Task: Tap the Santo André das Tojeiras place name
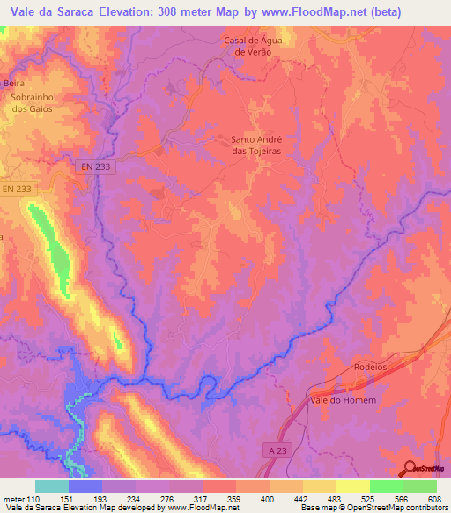coord(260,144)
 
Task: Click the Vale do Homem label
coord(344,400)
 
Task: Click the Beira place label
coord(12,83)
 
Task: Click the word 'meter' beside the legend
coord(12,499)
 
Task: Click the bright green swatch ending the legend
coord(419,486)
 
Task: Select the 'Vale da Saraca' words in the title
coord(50,11)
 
